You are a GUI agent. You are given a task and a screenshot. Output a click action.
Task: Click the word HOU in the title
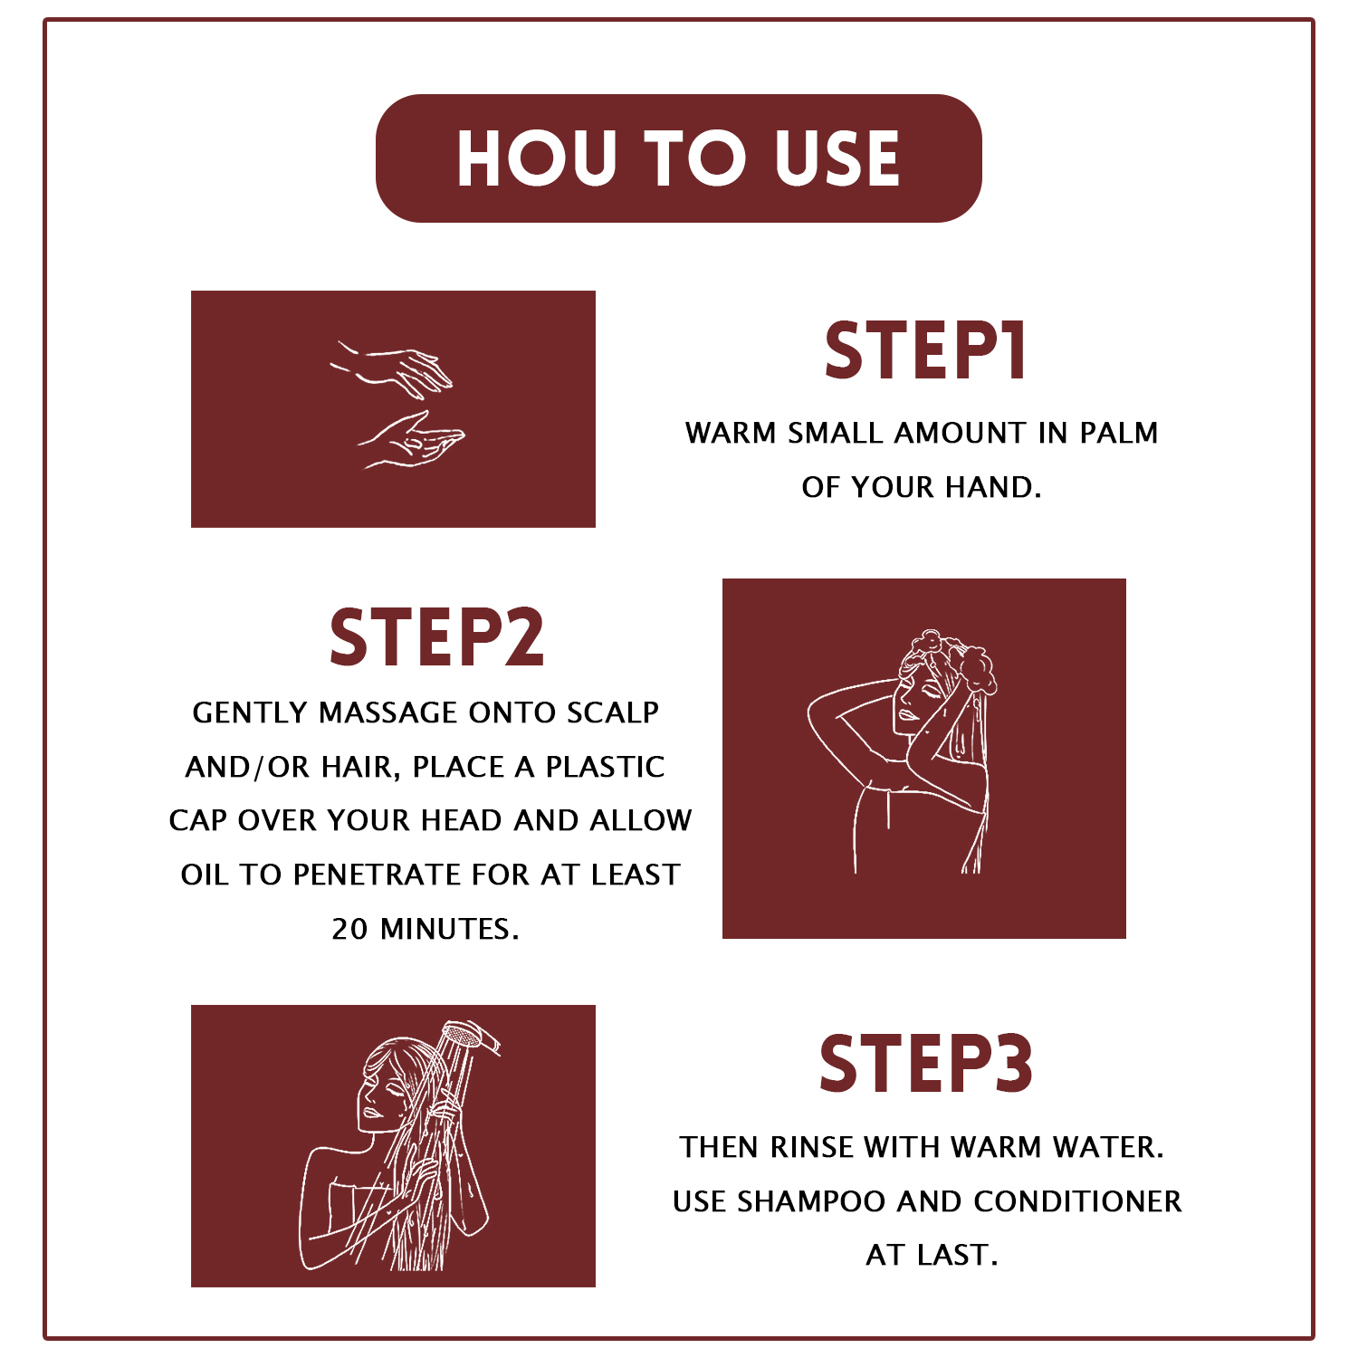coord(537,158)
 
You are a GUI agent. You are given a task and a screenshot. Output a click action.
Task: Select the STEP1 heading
coord(924,350)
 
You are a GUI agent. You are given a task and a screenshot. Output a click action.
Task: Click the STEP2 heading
coord(436,637)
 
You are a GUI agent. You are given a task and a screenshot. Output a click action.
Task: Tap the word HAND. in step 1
coord(993,487)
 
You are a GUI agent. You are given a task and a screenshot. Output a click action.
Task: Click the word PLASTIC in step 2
coord(605,767)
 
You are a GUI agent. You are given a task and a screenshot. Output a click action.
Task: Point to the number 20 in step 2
coord(350,929)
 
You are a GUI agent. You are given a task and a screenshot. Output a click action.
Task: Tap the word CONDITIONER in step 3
coord(1077,1201)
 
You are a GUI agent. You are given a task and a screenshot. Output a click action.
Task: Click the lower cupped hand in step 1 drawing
coord(412,440)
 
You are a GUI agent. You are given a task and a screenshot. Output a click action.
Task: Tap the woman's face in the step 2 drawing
coord(912,703)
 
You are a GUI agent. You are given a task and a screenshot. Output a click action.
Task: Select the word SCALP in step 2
coord(613,712)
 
